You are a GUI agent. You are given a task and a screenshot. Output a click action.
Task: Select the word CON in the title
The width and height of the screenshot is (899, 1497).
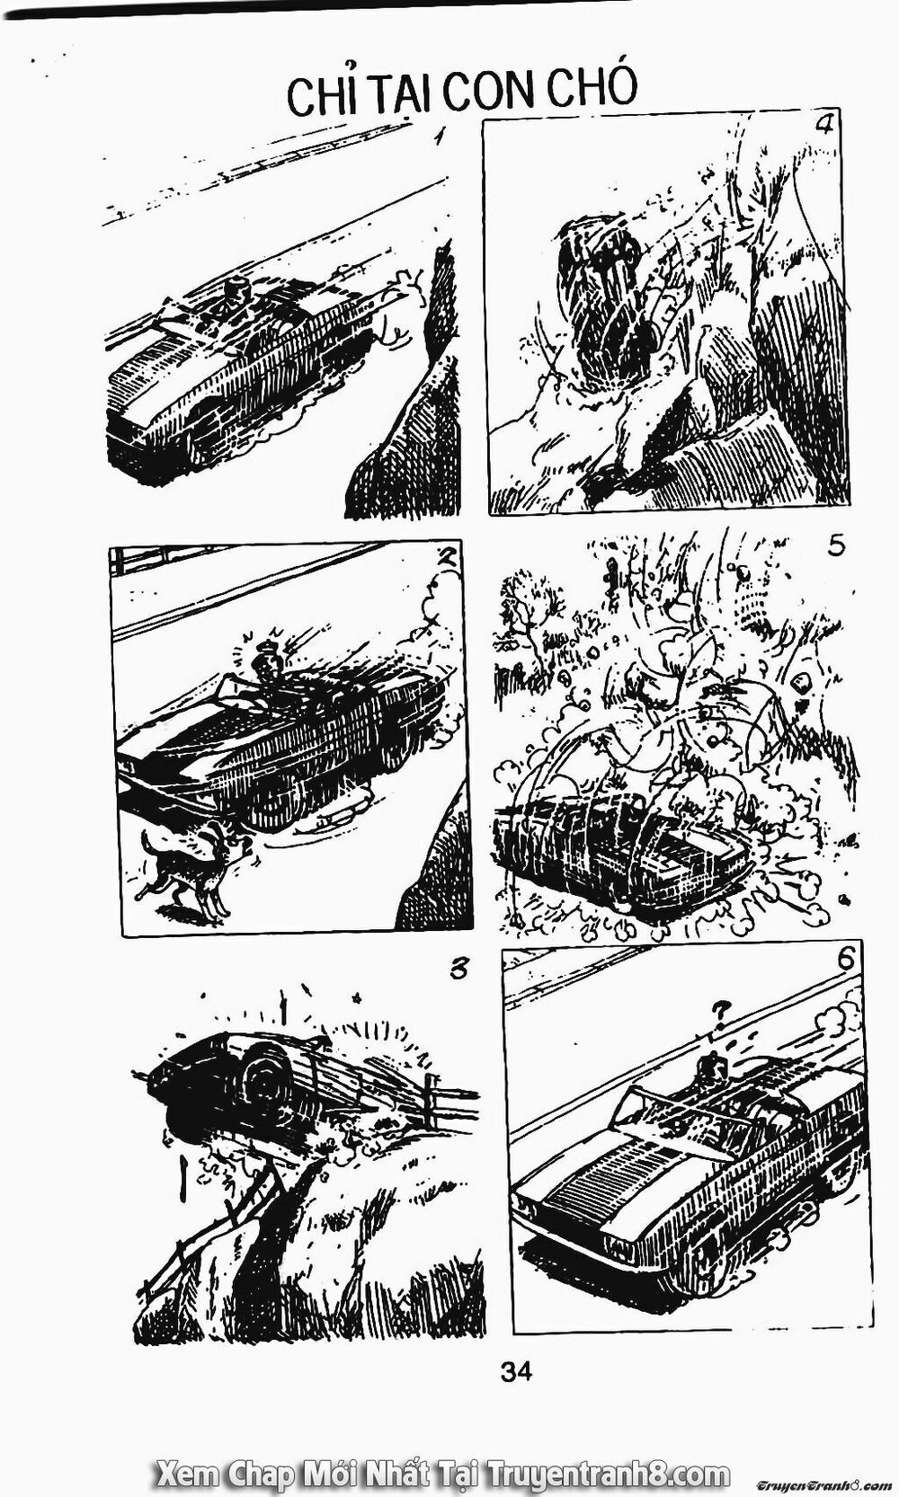[x=487, y=91]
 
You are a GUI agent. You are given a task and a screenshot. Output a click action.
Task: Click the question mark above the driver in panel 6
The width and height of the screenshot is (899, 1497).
[x=717, y=1012]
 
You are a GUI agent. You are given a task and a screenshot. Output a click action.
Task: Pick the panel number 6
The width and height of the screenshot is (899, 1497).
[x=845, y=960]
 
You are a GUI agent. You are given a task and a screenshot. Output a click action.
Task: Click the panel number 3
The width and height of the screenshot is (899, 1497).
[x=459, y=970]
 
